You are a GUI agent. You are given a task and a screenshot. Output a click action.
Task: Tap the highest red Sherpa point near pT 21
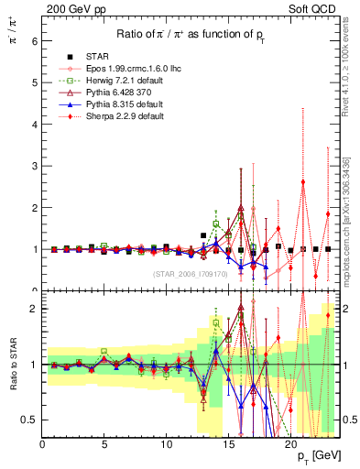[x=303, y=181]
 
